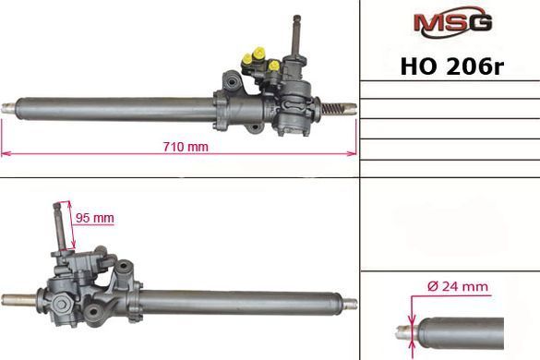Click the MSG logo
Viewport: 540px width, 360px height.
tap(453, 21)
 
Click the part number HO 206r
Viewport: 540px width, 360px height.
tap(452, 66)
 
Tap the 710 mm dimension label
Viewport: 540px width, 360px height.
tap(186, 147)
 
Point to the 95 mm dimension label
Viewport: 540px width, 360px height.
tap(95, 218)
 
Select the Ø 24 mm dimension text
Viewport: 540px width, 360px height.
tap(458, 287)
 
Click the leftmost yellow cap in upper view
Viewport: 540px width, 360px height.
tap(246, 60)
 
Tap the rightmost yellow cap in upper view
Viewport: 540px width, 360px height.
tap(274, 66)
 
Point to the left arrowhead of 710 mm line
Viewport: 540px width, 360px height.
tap(4, 153)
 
